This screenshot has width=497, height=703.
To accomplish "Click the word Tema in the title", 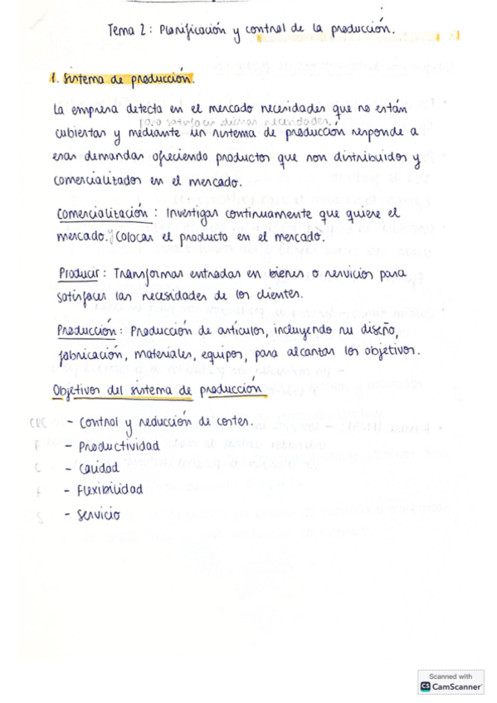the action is click(x=122, y=31).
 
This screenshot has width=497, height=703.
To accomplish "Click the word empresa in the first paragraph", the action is click(x=98, y=109).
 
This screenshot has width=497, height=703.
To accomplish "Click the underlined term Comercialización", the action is click(x=102, y=213).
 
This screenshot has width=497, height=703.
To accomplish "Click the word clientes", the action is click(x=282, y=295).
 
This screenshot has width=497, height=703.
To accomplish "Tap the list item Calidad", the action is click(x=99, y=468).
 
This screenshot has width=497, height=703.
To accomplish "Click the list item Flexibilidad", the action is click(x=110, y=490).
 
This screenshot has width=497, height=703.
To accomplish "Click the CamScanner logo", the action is click(x=451, y=686).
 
